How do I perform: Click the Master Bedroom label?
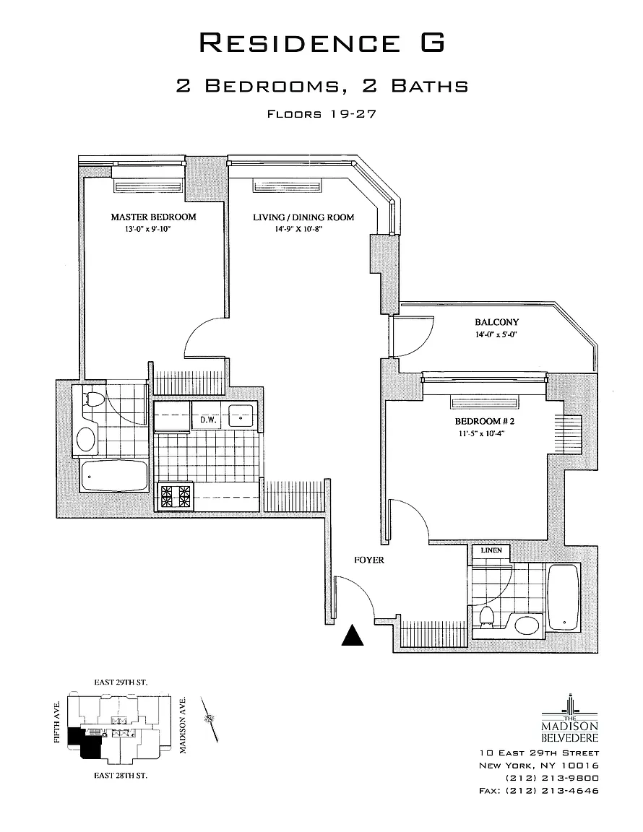click(153, 217)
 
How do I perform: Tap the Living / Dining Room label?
click(303, 217)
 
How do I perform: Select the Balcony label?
click(496, 322)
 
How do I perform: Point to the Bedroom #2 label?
click(484, 421)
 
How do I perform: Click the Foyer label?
click(369, 560)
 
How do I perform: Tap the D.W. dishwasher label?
click(208, 420)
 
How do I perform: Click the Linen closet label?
click(491, 550)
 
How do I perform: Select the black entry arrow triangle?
click(352, 635)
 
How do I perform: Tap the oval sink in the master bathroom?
click(87, 440)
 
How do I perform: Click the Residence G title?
click(321, 42)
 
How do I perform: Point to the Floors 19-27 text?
click(321, 113)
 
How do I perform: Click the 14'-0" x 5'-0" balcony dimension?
click(496, 335)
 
